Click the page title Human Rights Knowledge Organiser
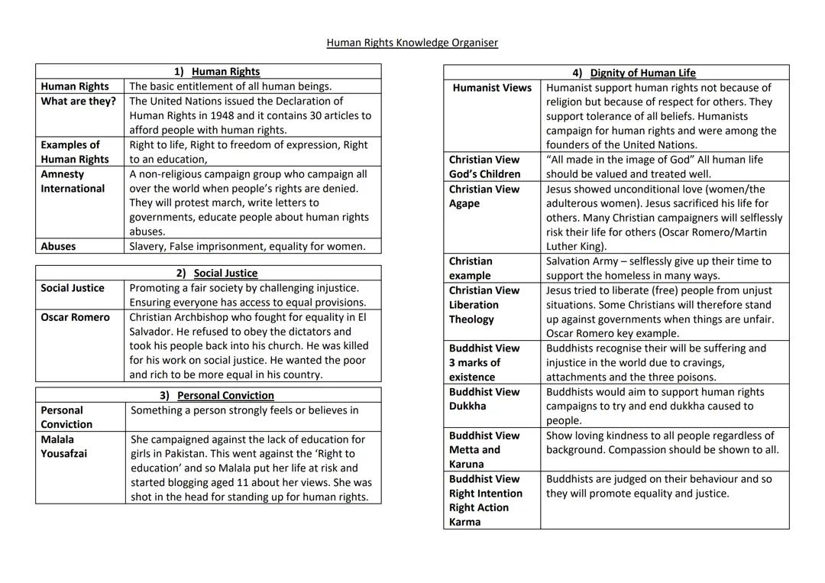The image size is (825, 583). point(412,43)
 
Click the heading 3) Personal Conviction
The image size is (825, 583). point(217,395)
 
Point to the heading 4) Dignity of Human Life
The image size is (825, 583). point(634,73)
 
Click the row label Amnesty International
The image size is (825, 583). point(73,181)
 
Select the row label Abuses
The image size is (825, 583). point(58,246)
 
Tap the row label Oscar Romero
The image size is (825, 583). point(75,317)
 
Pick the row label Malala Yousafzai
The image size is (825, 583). point(63,446)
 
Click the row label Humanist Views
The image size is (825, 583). point(492,88)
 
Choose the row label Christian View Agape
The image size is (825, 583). point(484,196)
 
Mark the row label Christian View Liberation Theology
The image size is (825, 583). point(484,305)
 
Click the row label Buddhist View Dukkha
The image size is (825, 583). point(484,399)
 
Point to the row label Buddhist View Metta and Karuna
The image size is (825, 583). point(484,449)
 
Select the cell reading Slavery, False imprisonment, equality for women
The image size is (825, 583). point(247,246)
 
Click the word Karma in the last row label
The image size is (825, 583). point(465,522)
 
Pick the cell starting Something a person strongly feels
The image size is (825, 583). point(244,410)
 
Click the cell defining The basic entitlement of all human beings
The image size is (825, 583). point(230,86)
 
